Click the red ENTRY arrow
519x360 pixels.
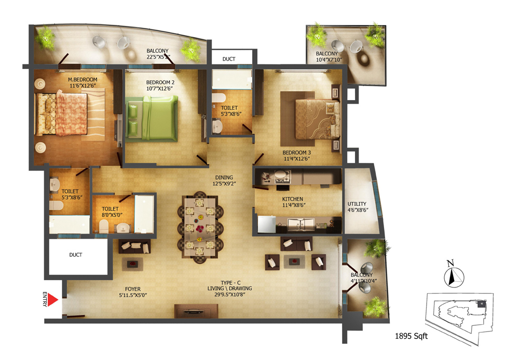pos(52,300)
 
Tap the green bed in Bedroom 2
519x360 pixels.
pos(152,118)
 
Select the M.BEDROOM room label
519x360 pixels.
pos(83,79)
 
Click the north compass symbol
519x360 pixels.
pos(454,274)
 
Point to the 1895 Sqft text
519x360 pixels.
pos(411,336)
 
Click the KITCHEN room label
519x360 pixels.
pos(293,199)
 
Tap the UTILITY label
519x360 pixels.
pos(357,204)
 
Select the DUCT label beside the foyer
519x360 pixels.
pos(75,255)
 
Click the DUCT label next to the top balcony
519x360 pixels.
pos(229,59)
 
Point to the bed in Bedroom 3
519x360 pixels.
pos(317,119)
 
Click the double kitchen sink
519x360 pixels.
pos(301,224)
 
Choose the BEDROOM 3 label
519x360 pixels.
pos(296,153)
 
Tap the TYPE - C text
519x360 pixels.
pos(231,283)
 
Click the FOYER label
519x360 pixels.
pos(133,289)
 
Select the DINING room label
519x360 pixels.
pos(224,177)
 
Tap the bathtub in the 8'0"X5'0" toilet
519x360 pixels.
pos(144,214)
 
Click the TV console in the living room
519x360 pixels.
pos(196,311)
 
